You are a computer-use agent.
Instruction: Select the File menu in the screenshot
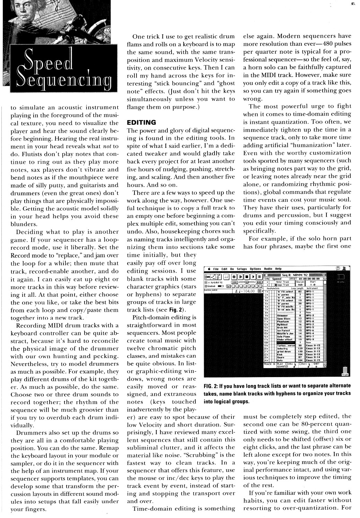216,269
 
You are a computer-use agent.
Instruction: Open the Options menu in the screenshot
255,269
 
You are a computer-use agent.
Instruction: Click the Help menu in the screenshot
279,269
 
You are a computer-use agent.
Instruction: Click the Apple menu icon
210,269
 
